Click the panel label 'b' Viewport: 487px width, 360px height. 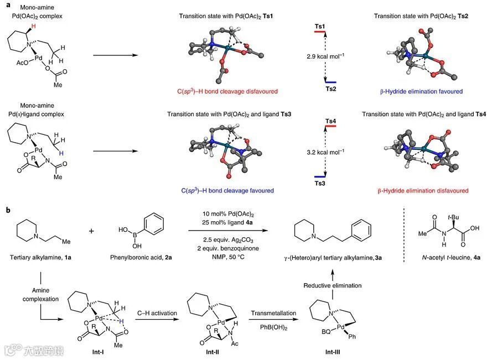[x=7, y=210]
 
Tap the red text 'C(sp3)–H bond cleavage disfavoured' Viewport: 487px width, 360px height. [x=224, y=91]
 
